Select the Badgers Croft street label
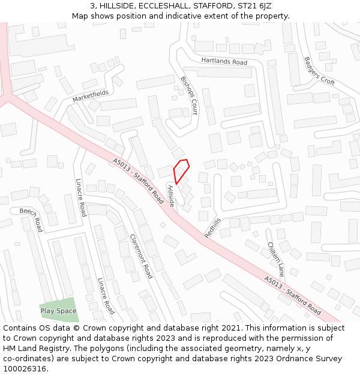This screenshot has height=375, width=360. point(319,71)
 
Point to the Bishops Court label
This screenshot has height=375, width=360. point(189,95)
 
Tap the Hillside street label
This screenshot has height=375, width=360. point(170,196)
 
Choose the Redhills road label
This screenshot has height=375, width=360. point(212,228)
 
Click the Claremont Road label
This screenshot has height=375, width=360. point(142,256)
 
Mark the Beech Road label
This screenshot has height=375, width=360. point(31,220)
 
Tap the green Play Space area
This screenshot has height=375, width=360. point(59,310)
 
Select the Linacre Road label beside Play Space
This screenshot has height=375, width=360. point(106,296)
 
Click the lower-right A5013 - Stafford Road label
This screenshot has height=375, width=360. point(292,296)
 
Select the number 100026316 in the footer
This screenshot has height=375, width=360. point(25,368)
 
